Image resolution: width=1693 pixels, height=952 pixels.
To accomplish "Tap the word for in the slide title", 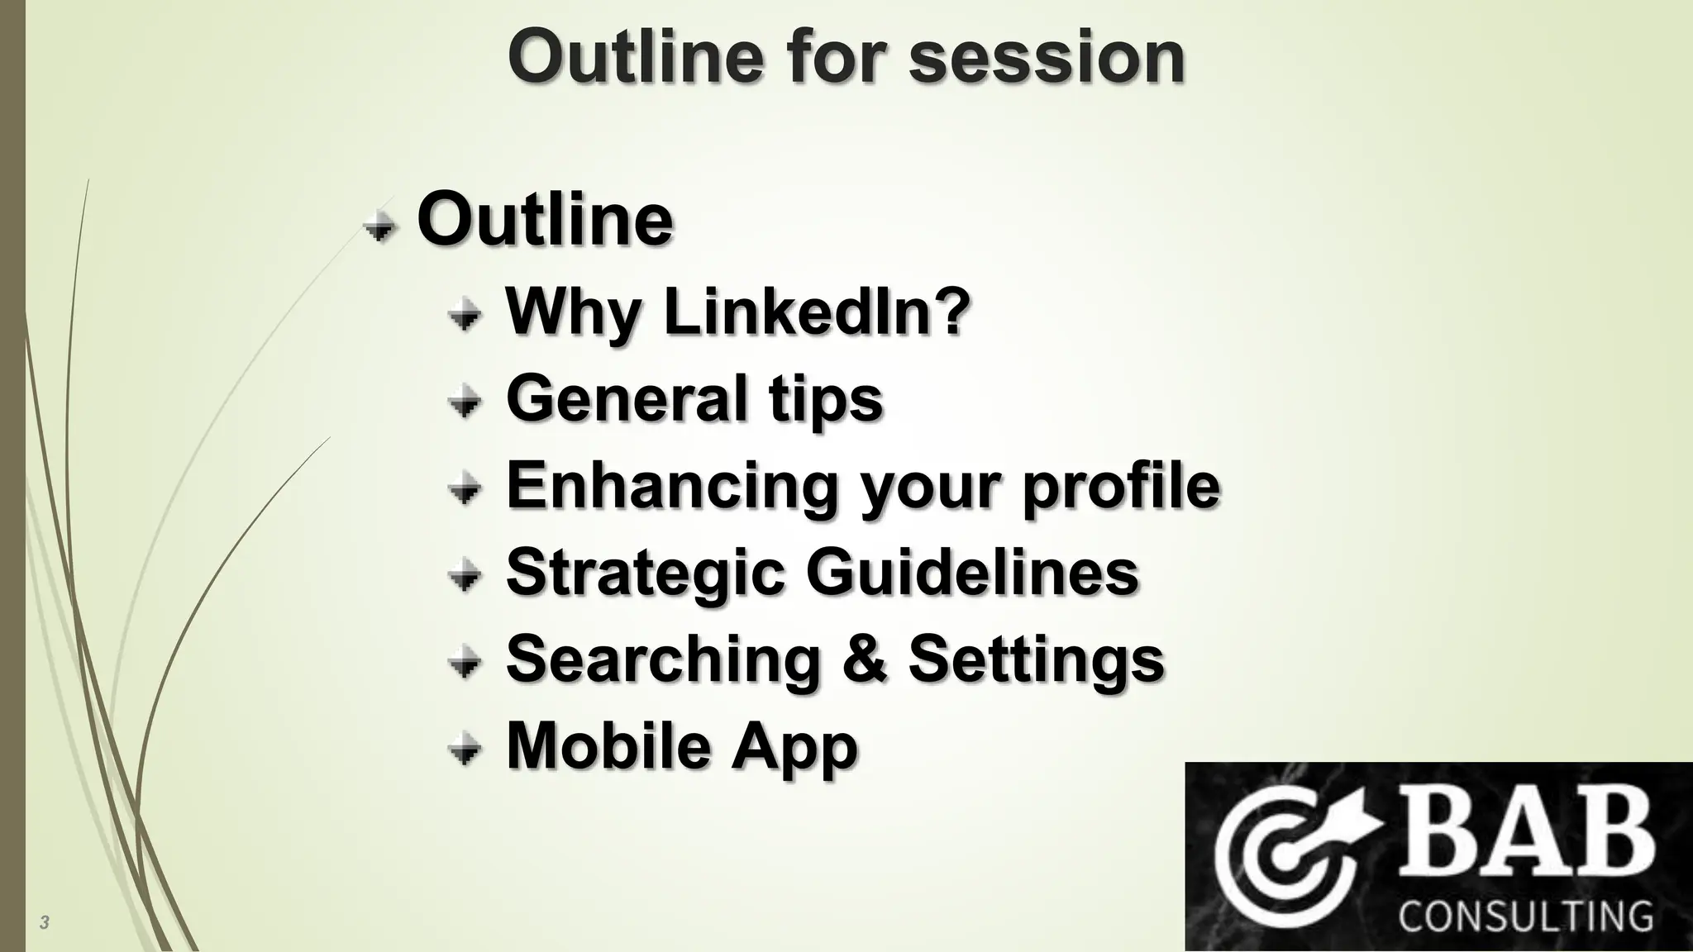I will pos(833,58).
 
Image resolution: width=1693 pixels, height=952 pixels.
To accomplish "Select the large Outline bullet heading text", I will pos(545,220).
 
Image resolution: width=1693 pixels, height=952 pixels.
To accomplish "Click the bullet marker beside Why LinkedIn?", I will pos(465,315).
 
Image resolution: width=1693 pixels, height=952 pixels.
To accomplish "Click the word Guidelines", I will pos(972,572).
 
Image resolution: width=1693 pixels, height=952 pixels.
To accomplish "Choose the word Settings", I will pos(1037,659).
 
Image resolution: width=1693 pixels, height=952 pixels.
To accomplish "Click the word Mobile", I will pos(608,745).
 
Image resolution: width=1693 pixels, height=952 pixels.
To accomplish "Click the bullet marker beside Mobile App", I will pos(465,750).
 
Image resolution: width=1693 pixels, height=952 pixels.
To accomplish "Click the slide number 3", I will pos(45,922).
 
